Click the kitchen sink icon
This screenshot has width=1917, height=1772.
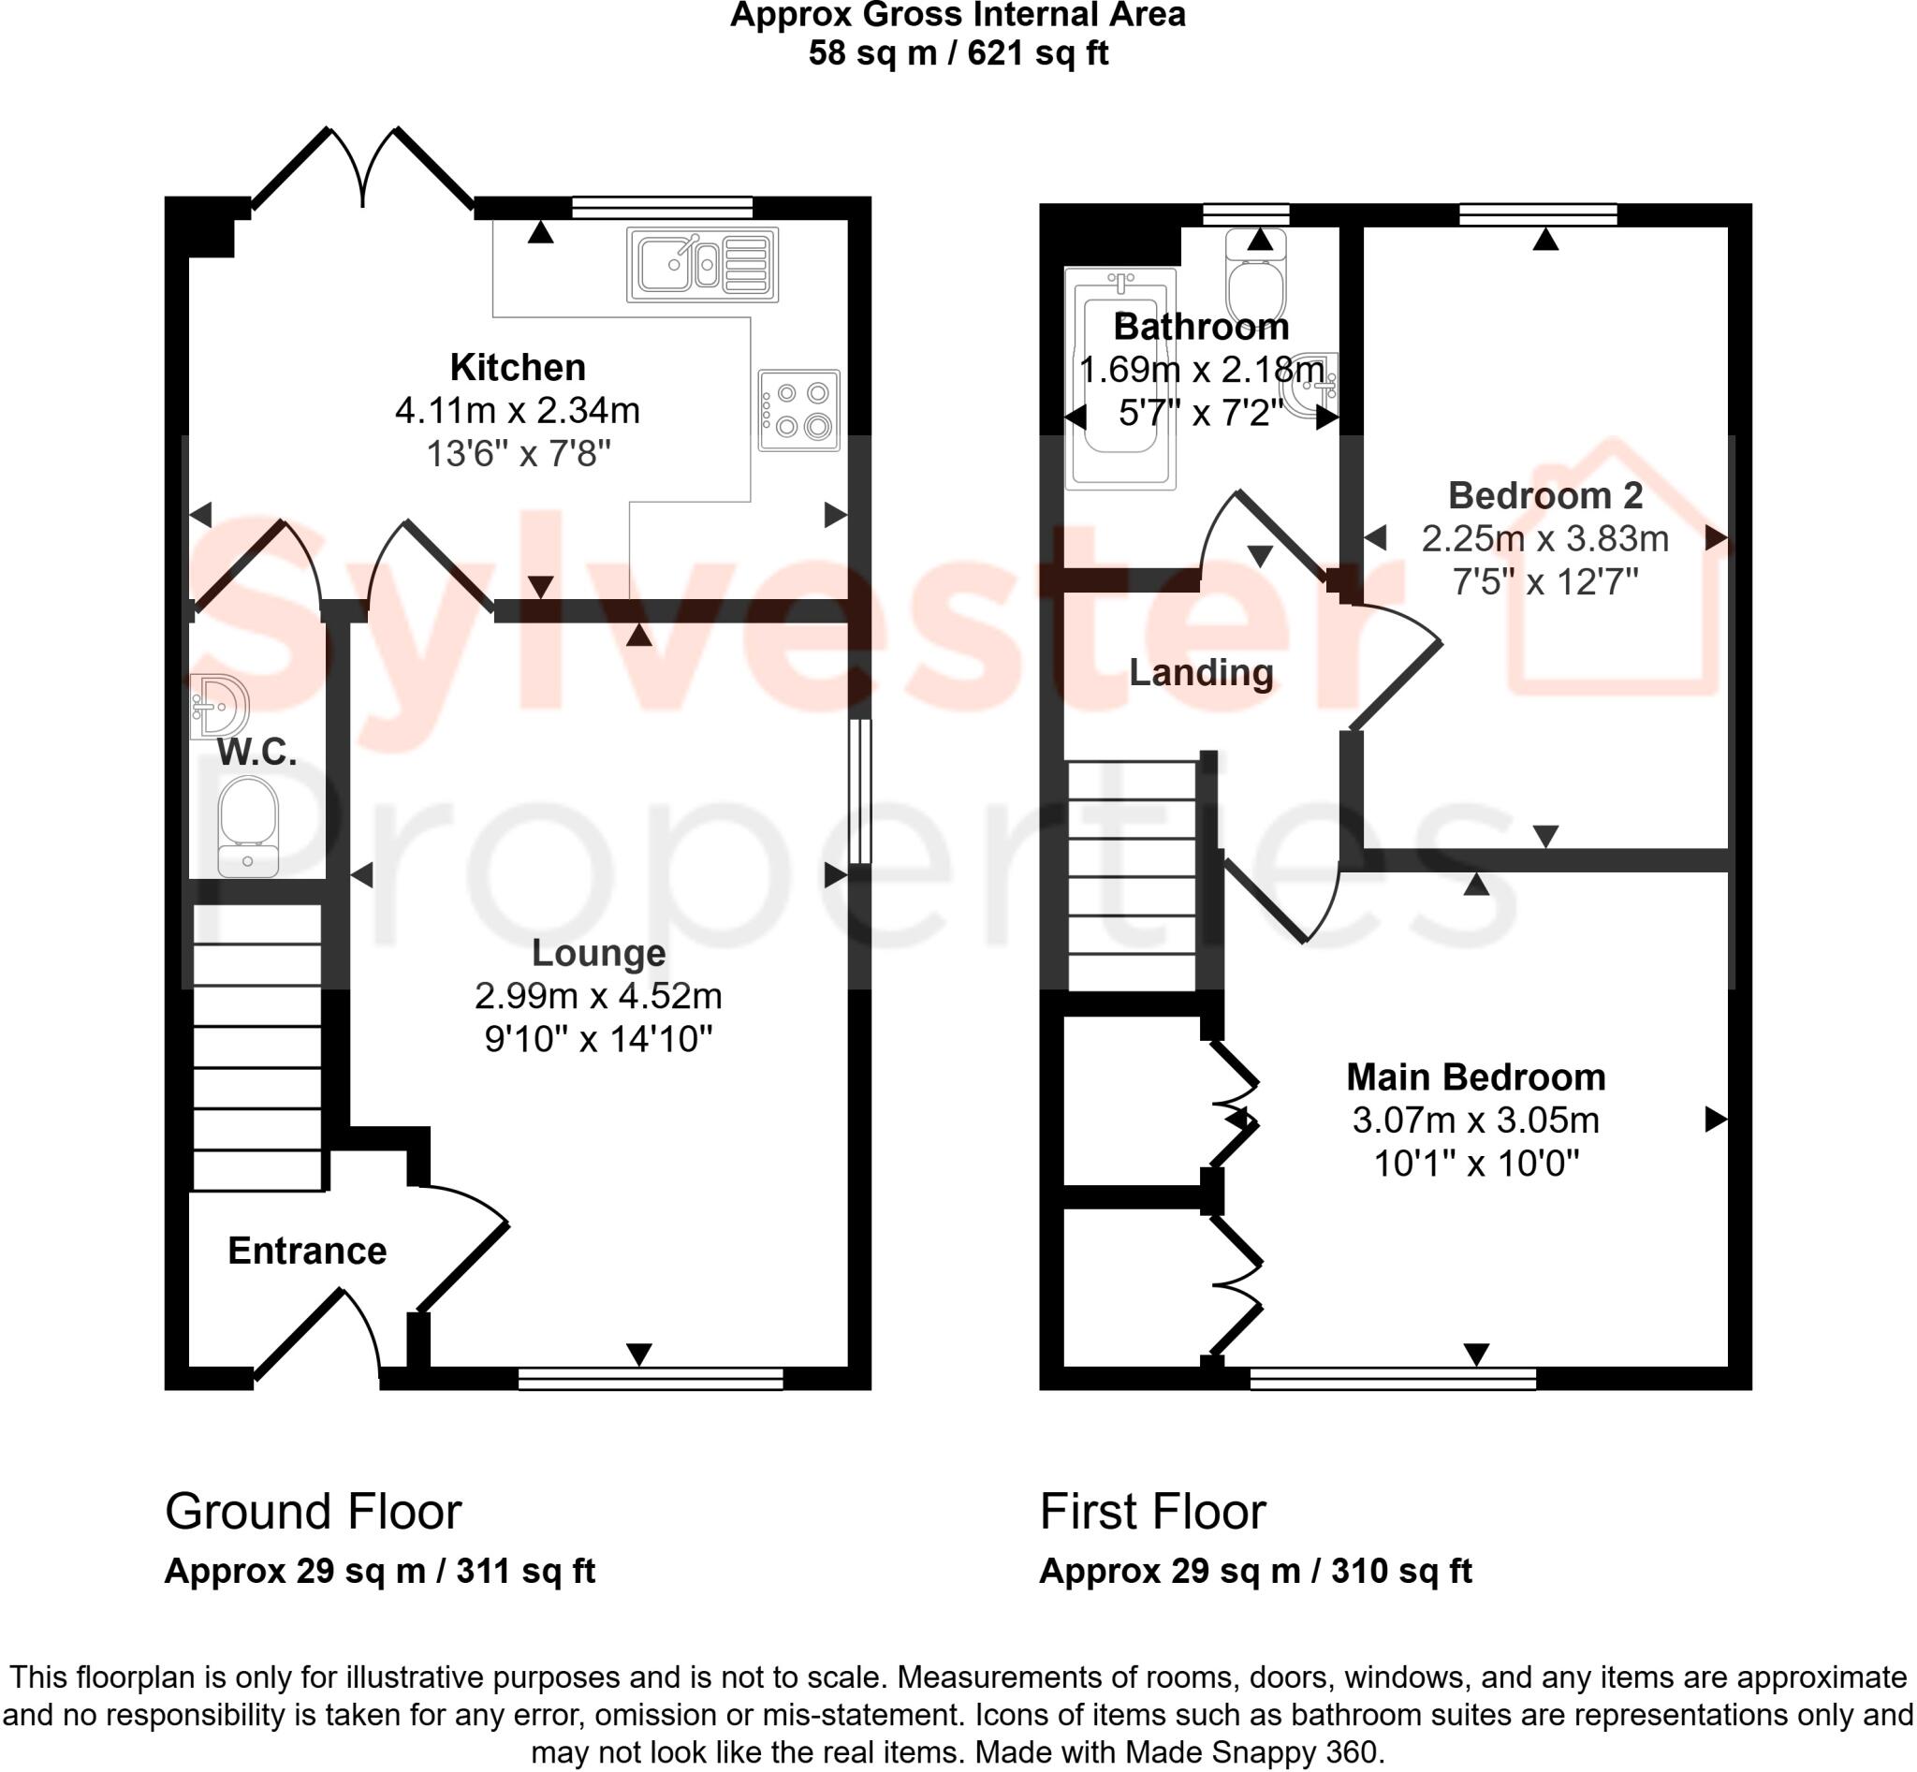702,264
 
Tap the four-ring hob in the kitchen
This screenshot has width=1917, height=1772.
798,410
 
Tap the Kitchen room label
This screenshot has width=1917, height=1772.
518,368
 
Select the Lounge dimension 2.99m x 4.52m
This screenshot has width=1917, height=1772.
598,996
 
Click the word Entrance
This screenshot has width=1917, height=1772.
307,1252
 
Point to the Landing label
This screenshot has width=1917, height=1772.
1201,672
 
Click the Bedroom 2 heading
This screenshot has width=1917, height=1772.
1544,496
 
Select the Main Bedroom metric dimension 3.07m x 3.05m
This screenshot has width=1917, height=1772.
1475,1120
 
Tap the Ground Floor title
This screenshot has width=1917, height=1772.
313,1512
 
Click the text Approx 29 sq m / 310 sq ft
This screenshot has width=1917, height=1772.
1254,1572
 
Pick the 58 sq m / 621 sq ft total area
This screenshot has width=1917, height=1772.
957,52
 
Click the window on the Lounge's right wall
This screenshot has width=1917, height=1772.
860,792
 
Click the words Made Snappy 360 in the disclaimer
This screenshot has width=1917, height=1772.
1251,1751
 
